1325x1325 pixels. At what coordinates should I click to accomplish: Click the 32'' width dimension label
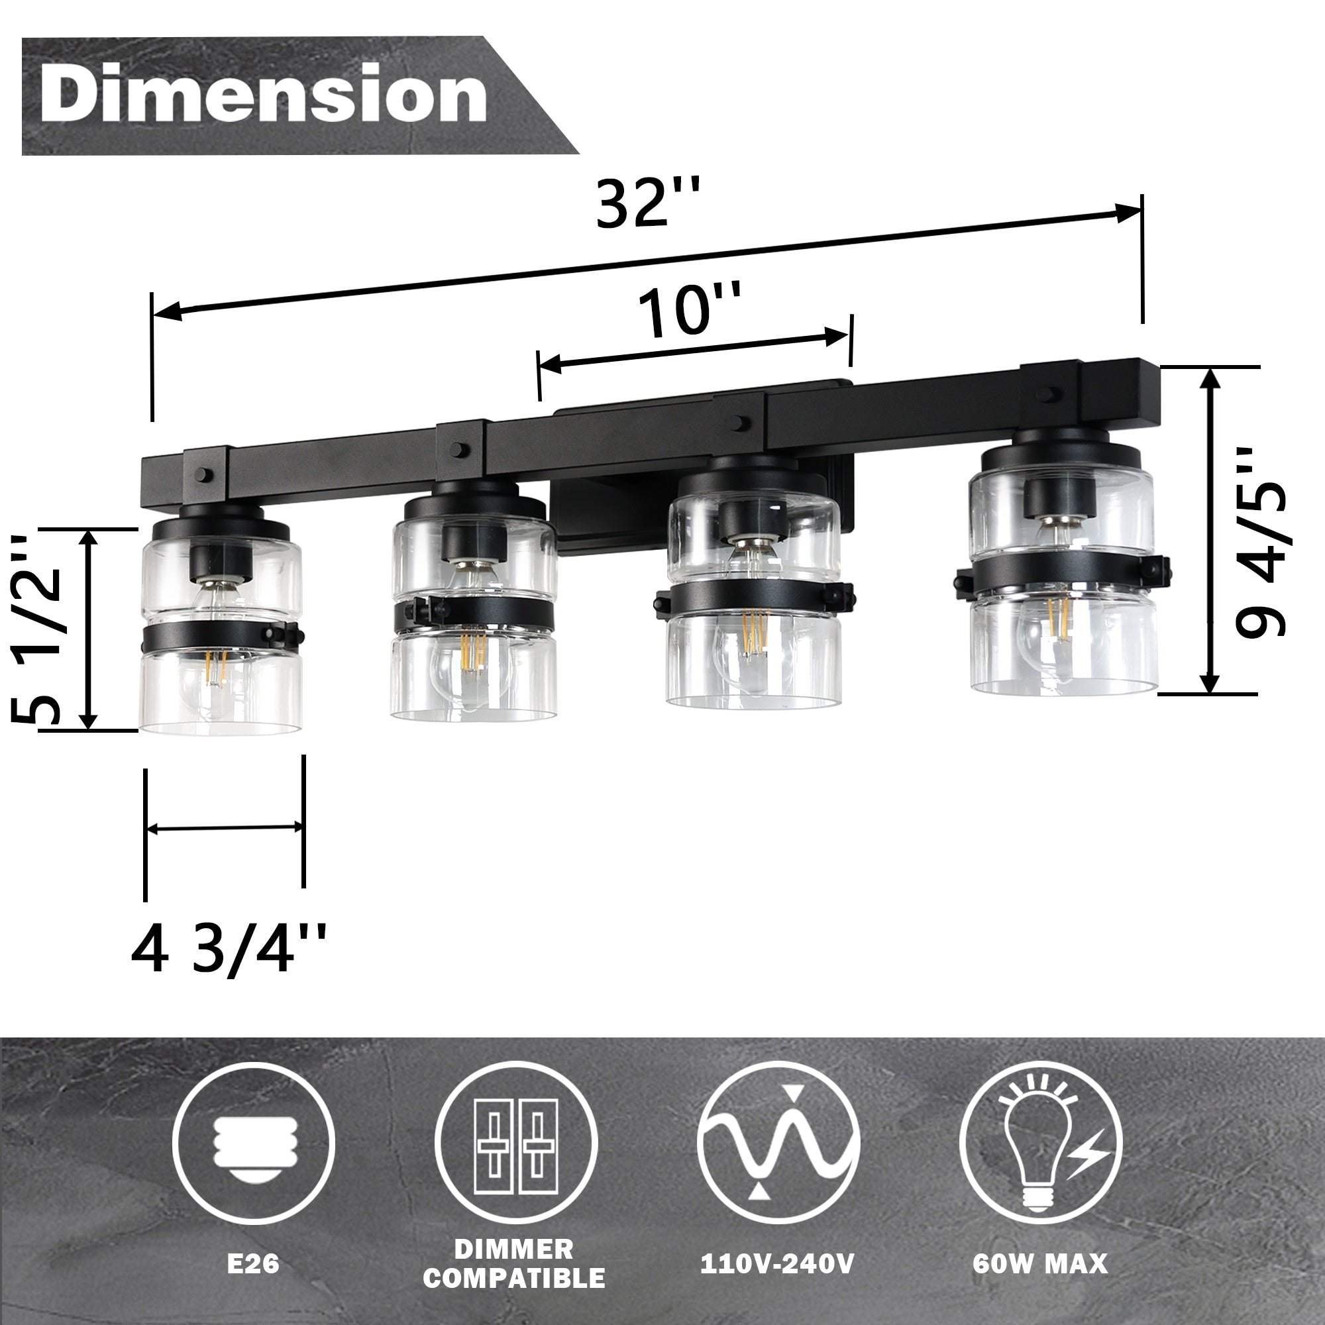(x=647, y=203)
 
